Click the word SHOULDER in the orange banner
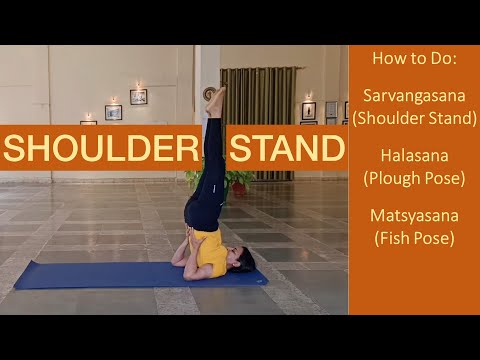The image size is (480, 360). [x=99, y=149]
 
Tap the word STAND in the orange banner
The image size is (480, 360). [x=288, y=149]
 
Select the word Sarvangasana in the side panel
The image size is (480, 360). [x=413, y=97]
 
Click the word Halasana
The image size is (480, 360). [x=413, y=156]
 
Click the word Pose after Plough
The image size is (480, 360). [x=445, y=178]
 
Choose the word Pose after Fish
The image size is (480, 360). [x=434, y=237]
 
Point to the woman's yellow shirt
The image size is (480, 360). [x=210, y=252]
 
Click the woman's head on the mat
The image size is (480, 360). [x=243, y=261]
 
